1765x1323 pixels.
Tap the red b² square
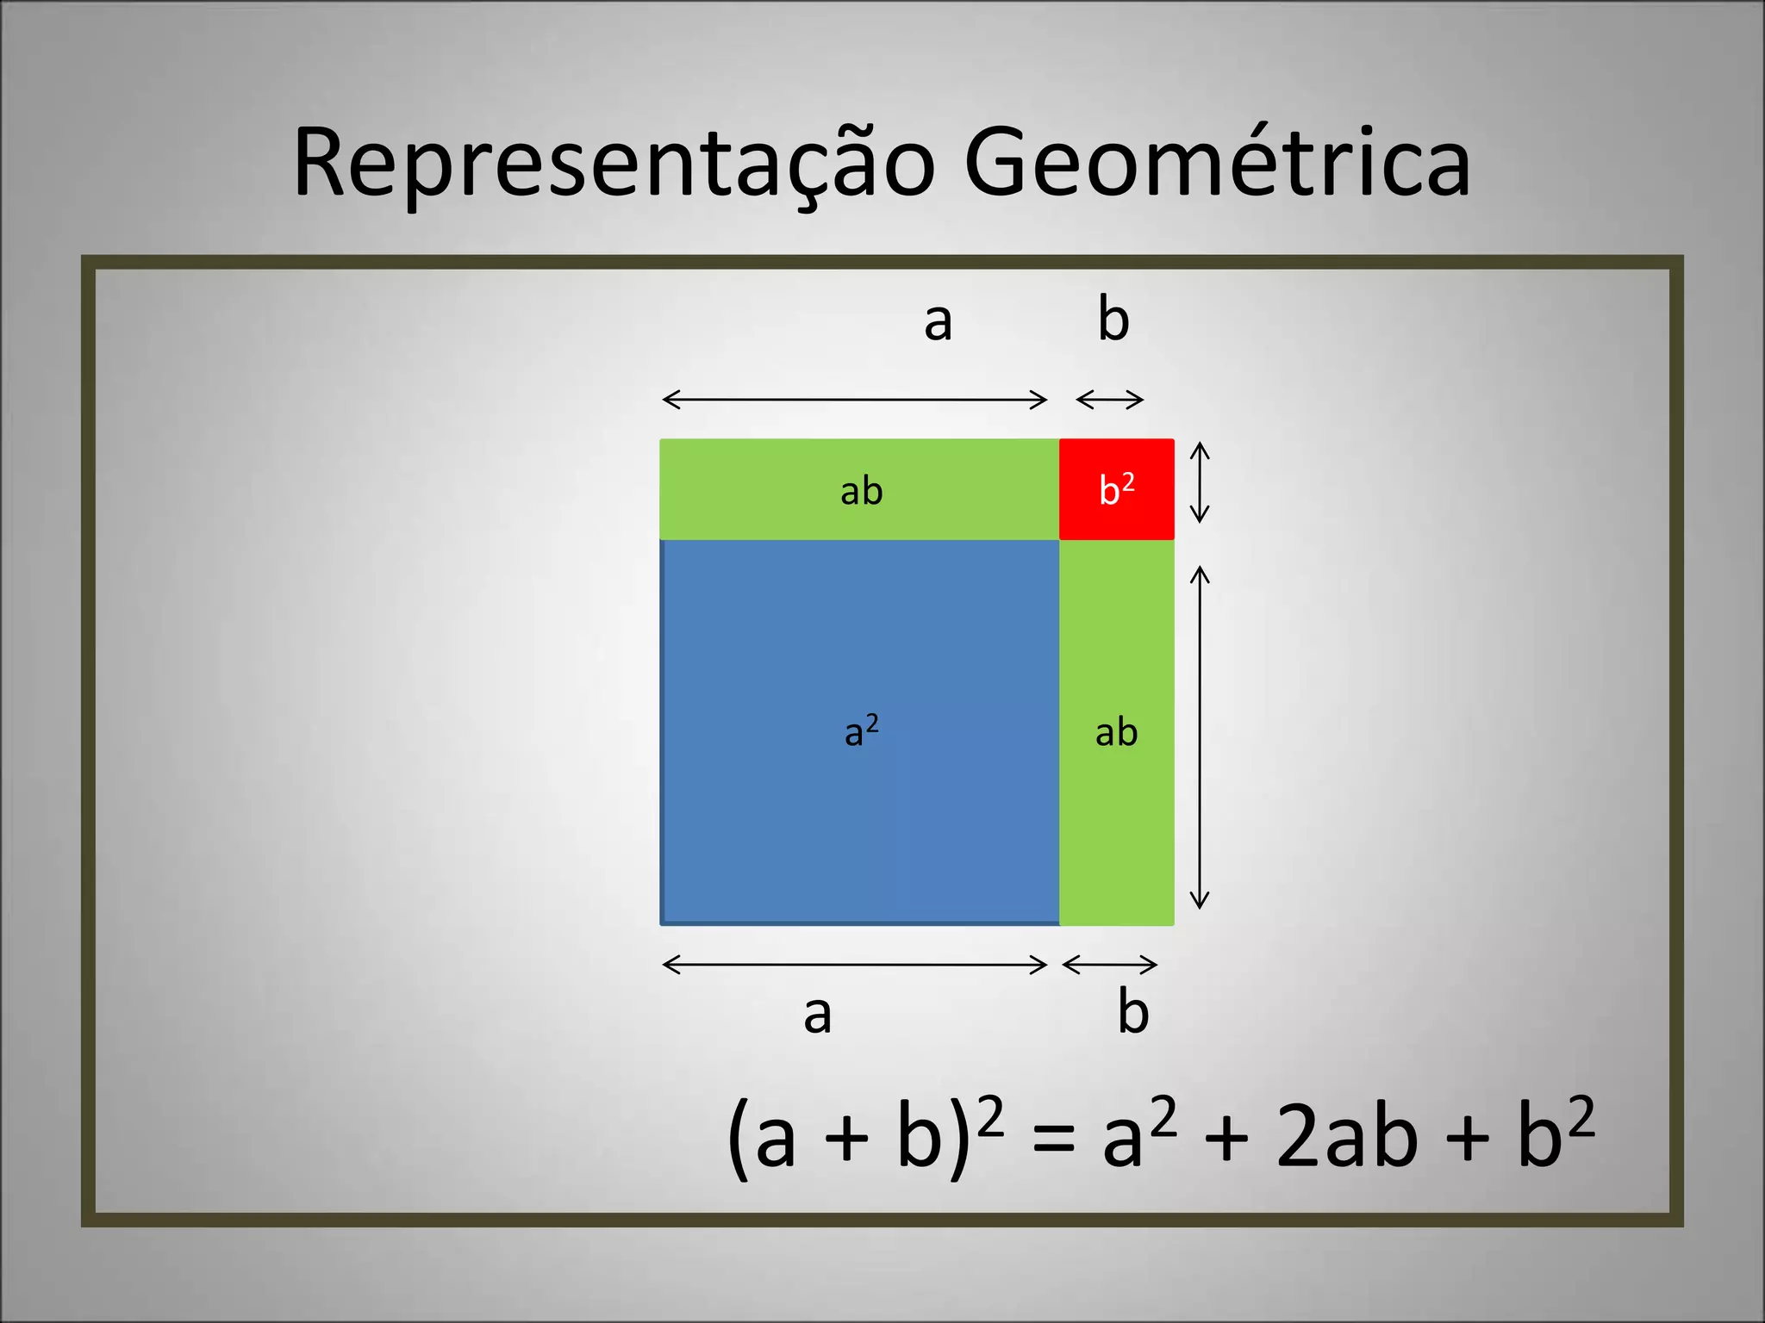tap(1116, 489)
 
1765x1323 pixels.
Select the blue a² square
tap(859, 732)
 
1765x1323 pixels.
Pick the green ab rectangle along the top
tap(859, 489)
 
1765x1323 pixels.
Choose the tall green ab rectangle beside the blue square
tap(1116, 732)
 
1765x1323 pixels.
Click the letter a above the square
tap(938, 321)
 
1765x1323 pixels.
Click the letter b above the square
tap(1113, 319)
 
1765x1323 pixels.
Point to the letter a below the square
tap(817, 1014)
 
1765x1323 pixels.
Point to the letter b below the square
tap(1132, 1011)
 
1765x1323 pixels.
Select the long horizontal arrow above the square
tap(854, 400)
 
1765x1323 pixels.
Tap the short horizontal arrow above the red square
tap(1110, 400)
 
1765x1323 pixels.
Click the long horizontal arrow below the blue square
tap(854, 965)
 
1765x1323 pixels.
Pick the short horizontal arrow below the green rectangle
tap(1110, 965)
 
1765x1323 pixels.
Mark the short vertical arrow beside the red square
tap(1200, 482)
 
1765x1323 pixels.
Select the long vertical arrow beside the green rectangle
tap(1200, 737)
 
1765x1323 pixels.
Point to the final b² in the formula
tap(1555, 1134)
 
